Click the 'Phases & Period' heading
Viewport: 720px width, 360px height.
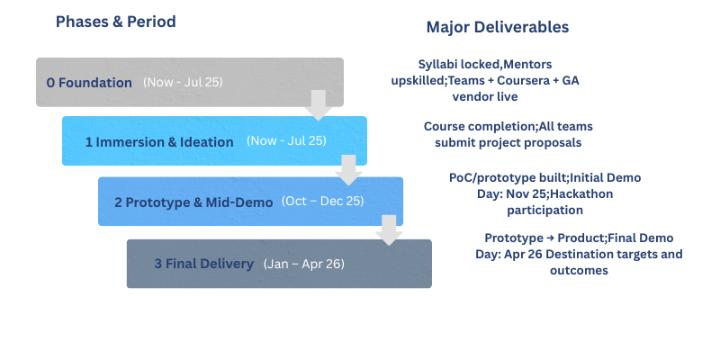tap(115, 21)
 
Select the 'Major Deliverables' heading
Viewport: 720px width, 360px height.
tap(497, 27)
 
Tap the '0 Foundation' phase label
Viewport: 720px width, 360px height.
tap(89, 83)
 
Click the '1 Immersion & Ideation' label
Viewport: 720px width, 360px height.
tap(159, 141)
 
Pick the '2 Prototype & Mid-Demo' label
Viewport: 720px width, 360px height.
tap(193, 202)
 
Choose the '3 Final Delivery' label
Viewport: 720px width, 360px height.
tap(203, 264)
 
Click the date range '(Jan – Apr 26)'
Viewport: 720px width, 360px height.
tap(303, 264)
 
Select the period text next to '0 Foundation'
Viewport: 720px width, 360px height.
tap(183, 83)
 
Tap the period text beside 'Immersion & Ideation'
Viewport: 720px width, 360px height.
tap(285, 141)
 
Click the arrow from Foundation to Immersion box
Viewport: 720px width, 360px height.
tap(317, 104)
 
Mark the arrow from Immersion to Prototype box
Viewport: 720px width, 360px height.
tap(347, 168)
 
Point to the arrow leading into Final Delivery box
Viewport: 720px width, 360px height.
tap(388, 229)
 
